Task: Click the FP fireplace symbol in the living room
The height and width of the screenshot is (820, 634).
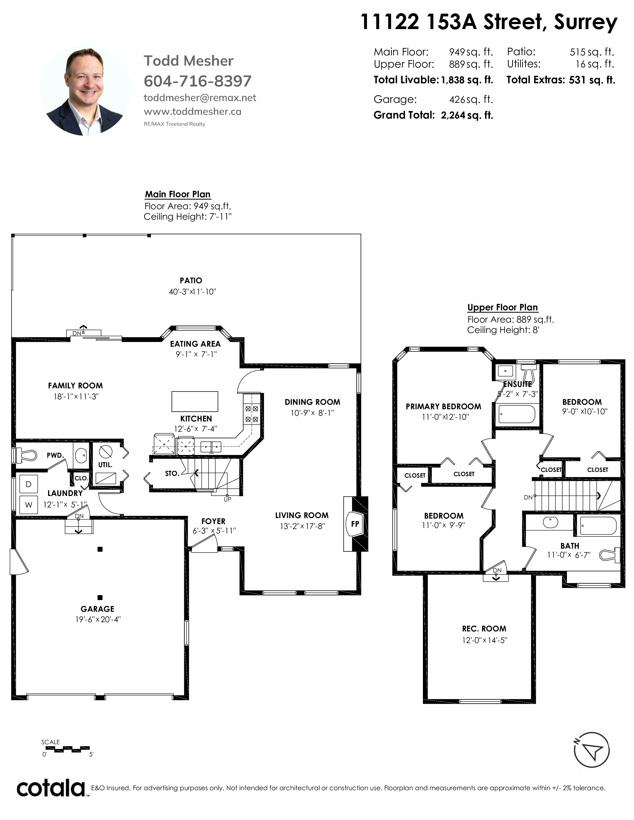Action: coord(355,524)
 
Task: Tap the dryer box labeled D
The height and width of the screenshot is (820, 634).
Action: coord(29,484)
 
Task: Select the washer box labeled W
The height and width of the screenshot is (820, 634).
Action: coord(29,505)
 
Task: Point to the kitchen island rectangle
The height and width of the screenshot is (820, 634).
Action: coord(195,401)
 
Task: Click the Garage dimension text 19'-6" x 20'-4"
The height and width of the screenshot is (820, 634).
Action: coord(98,619)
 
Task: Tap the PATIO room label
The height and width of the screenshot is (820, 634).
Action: coord(191,281)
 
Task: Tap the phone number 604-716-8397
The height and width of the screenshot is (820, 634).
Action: coord(198,81)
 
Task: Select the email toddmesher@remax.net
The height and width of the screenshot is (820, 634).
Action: coord(200,98)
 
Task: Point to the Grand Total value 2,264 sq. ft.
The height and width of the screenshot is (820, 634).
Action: coord(467,115)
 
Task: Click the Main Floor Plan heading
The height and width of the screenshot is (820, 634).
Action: coord(178,194)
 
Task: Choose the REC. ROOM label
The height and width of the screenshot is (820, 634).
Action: coord(484,628)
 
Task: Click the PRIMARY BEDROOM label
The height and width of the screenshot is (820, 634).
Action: coord(444,406)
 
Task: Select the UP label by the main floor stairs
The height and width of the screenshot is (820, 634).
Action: coord(227,499)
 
